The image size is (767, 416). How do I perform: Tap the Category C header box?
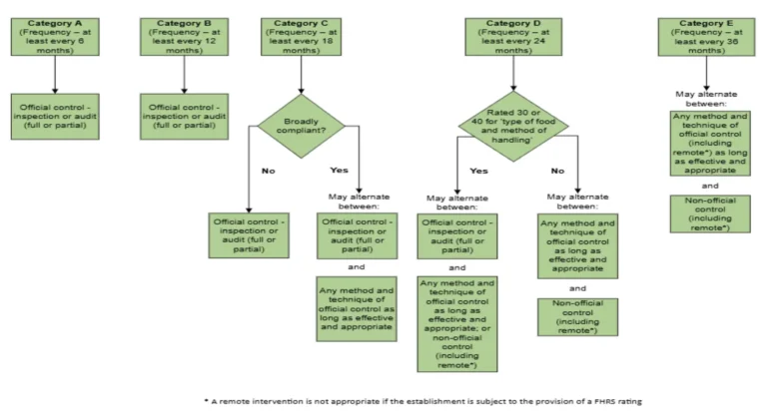[304, 36]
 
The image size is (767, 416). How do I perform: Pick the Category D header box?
[512, 36]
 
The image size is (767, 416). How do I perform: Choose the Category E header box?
[706, 36]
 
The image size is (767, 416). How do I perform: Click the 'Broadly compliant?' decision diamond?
[304, 127]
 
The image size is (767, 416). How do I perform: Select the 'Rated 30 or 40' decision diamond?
[513, 127]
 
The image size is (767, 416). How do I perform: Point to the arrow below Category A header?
[55, 75]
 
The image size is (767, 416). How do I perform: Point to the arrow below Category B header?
[183, 75]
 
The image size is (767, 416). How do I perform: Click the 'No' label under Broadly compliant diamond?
[268, 171]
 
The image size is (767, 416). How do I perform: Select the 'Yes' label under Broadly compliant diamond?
[340, 171]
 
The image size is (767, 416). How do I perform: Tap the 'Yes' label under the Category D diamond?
[477, 171]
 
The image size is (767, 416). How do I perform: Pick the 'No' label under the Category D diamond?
[557, 171]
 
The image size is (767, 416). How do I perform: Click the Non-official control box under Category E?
[708, 213]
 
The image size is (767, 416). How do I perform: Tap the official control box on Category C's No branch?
[247, 236]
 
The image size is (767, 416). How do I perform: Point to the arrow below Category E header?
[706, 73]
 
